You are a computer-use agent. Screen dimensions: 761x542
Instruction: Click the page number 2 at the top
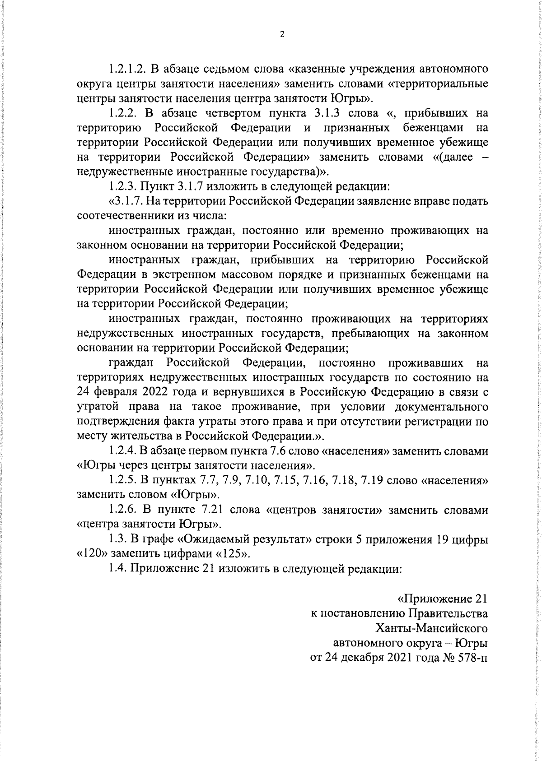pyautogui.click(x=282, y=35)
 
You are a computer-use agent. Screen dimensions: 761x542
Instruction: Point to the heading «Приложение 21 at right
pyautogui.click(x=442, y=599)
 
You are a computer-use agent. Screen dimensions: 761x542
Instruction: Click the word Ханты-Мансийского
pyautogui.click(x=431, y=628)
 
